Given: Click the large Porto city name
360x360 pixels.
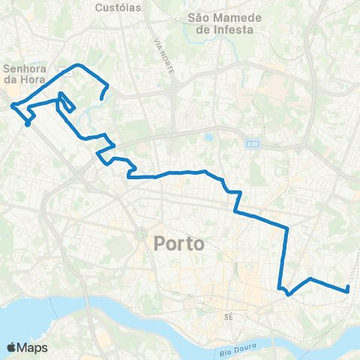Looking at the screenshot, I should [x=179, y=244].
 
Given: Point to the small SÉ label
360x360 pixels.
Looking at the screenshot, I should [x=230, y=316].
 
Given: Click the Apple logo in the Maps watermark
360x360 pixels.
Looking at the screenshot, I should [x=12, y=347].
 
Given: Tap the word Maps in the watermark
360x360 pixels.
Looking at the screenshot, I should [x=33, y=347].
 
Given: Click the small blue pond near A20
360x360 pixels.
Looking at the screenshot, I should [x=208, y=138].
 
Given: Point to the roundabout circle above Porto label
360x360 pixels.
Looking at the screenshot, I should [x=139, y=234].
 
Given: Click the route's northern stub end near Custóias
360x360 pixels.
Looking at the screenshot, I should [x=101, y=98].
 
